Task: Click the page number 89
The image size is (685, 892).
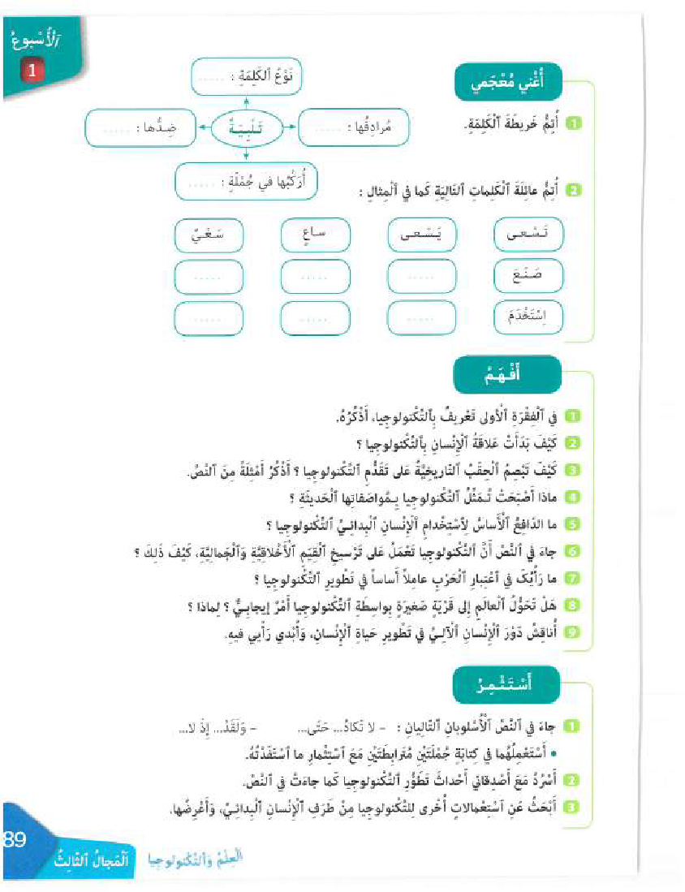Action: pyautogui.click(x=16, y=838)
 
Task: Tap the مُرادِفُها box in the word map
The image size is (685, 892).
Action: pyautogui.click(x=355, y=127)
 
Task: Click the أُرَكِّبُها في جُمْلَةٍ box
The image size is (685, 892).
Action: pyautogui.click(x=245, y=181)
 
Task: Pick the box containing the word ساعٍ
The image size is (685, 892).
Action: pyautogui.click(x=315, y=235)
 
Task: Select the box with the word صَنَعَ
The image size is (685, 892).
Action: pyautogui.click(x=528, y=276)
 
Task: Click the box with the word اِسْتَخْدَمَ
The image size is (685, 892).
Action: pyautogui.click(x=528, y=318)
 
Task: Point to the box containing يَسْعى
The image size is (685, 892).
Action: pyautogui.click(x=421, y=235)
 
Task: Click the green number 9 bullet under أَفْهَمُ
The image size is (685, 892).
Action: pyautogui.click(x=572, y=633)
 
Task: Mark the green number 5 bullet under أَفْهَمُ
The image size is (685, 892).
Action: pyautogui.click(x=572, y=525)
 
